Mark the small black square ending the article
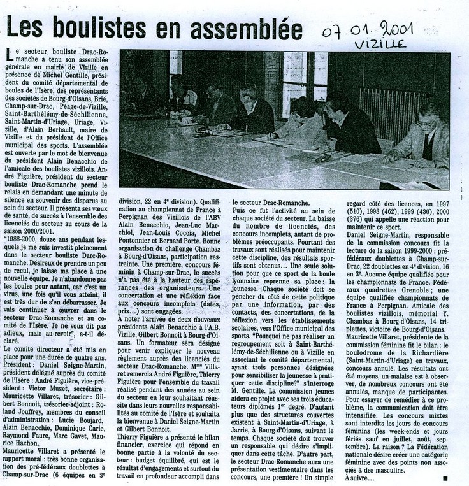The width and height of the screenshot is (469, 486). pos(444,476)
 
